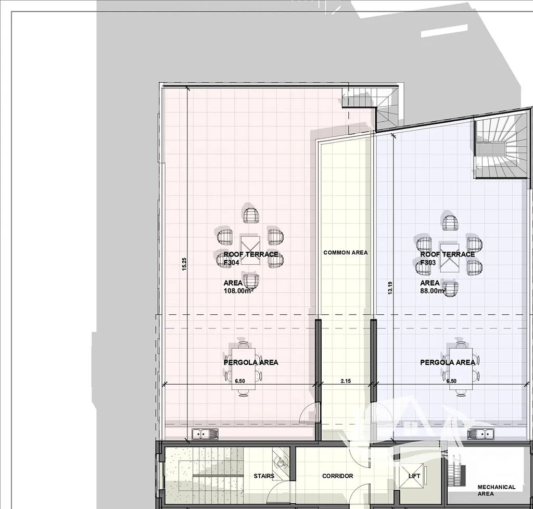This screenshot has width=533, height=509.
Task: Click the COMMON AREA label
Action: (346, 252)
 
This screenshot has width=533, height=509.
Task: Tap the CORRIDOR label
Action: (337, 476)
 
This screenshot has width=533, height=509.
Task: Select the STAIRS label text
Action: (264, 476)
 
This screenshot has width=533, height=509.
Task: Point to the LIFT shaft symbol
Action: (414, 476)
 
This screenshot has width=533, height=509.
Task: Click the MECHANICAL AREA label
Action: (496, 490)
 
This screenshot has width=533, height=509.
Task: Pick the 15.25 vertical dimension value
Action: (184, 264)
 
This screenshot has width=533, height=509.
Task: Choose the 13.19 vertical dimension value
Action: (390, 287)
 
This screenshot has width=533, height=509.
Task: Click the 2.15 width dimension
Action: (346, 381)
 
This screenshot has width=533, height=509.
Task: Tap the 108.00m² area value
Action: (238, 290)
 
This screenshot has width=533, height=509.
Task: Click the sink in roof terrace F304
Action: (205, 434)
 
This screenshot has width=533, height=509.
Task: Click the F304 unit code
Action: (232, 262)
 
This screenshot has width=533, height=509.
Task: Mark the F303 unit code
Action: (428, 262)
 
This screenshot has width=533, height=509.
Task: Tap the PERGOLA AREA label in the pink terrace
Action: (251, 362)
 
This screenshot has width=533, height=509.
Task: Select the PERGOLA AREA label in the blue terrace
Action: (447, 362)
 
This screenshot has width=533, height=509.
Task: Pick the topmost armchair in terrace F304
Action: (251, 215)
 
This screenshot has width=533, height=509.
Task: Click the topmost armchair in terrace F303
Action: (451, 223)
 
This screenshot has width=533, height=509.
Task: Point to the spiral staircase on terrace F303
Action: (501, 146)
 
